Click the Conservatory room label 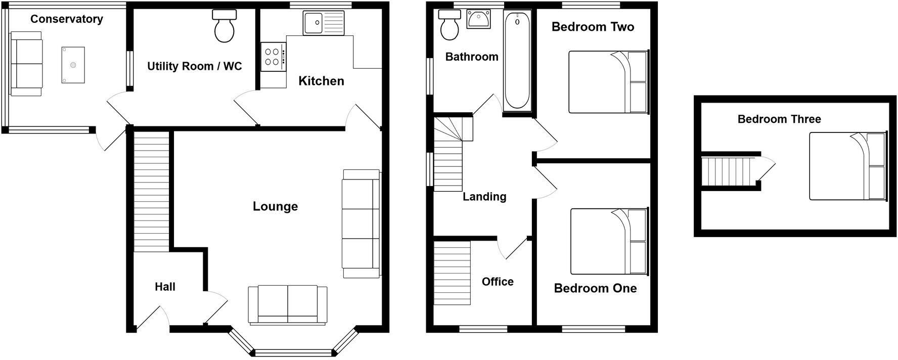pyautogui.click(x=66, y=19)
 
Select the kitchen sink pyautogui.click(x=323, y=23)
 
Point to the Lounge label pyautogui.click(x=275, y=206)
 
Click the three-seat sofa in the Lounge pyautogui.click(x=361, y=223)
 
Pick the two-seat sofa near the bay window pyautogui.click(x=287, y=304)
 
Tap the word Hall pyautogui.click(x=165, y=287)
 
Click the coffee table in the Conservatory pyautogui.click(x=73, y=65)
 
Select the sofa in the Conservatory pyautogui.click(x=26, y=64)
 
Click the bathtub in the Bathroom pyautogui.click(x=517, y=61)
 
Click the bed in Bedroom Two pyautogui.click(x=608, y=82)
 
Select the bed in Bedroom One pyautogui.click(x=609, y=241)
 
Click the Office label pyautogui.click(x=498, y=282)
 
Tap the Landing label pyautogui.click(x=484, y=197)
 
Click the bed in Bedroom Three pyautogui.click(x=847, y=166)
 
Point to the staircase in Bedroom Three pyautogui.click(x=727, y=172)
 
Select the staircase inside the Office pyautogui.click(x=452, y=273)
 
